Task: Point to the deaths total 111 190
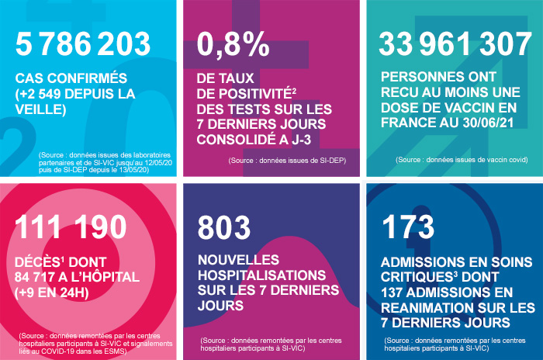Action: tap(71, 227)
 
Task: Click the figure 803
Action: tap(224, 227)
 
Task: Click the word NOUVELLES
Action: tap(237, 259)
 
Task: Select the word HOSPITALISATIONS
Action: tap(258, 275)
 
